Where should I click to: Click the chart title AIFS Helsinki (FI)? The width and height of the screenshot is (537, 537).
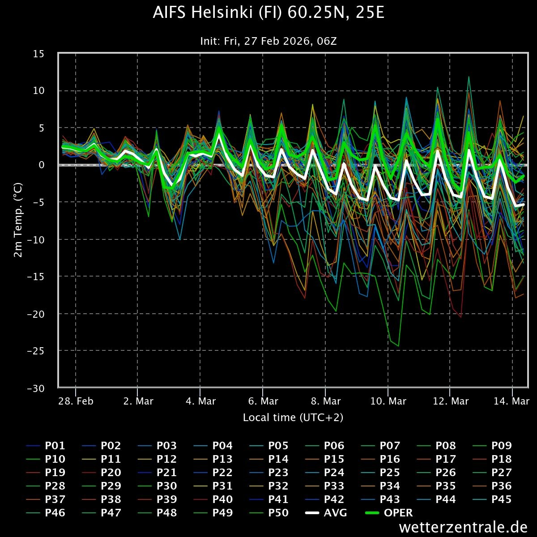(x=268, y=13)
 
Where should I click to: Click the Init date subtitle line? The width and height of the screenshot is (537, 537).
(x=268, y=41)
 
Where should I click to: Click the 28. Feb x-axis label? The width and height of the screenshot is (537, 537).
(x=76, y=401)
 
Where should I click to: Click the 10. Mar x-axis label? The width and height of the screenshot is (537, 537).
(x=388, y=401)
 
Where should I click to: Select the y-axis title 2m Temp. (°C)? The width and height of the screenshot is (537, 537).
(x=18, y=219)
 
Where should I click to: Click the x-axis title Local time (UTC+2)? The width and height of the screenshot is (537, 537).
(x=293, y=418)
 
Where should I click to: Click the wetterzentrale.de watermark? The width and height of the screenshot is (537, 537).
(x=463, y=527)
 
